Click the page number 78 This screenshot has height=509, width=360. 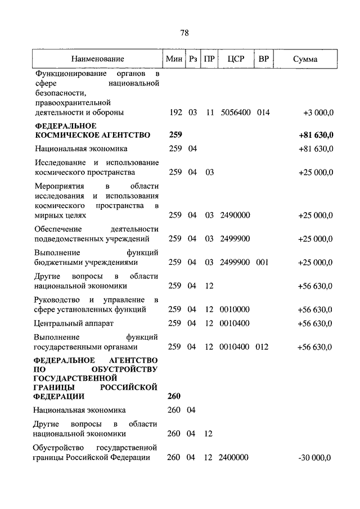click(x=184, y=33)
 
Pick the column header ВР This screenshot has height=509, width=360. click(x=263, y=59)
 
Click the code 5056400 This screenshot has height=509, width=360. click(x=236, y=112)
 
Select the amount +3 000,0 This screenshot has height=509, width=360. click(x=318, y=112)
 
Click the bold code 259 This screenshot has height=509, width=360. click(x=175, y=135)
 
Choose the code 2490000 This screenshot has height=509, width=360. click(x=236, y=215)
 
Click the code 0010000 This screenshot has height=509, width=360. click(x=236, y=309)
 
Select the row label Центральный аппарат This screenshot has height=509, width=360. click(x=66, y=323)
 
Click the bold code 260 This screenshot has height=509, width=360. click(x=174, y=396)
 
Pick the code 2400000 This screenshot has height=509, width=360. click(x=236, y=458)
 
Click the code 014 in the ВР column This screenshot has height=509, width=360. click(x=263, y=112)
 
